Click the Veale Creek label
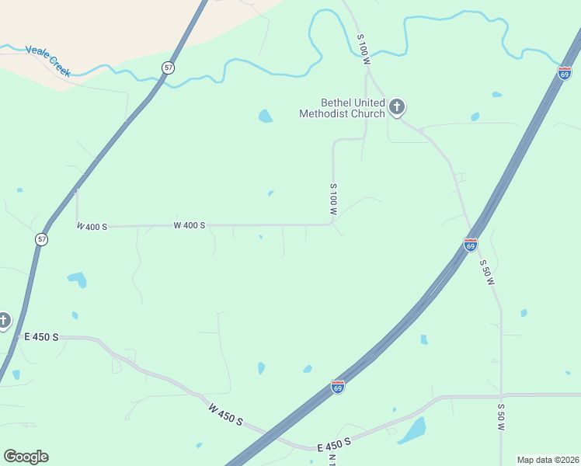[x=48, y=61]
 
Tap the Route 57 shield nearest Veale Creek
[x=168, y=68]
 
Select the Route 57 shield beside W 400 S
[x=41, y=239]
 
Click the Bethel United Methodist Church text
[x=343, y=108]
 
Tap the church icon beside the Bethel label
[x=397, y=106]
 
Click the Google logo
[x=26, y=457]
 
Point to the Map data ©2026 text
[x=548, y=460]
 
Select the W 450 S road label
[x=225, y=414]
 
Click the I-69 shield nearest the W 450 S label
[x=337, y=387]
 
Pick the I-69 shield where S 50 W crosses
[x=471, y=245]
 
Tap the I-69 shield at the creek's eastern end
[x=565, y=73]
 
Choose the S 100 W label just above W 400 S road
[x=333, y=200]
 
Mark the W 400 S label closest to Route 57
[x=92, y=226]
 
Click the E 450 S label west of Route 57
[x=41, y=337]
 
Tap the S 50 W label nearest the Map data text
[x=501, y=417]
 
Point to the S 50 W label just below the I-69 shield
[x=487, y=273]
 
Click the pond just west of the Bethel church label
[x=266, y=116]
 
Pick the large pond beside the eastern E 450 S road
[x=413, y=429]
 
